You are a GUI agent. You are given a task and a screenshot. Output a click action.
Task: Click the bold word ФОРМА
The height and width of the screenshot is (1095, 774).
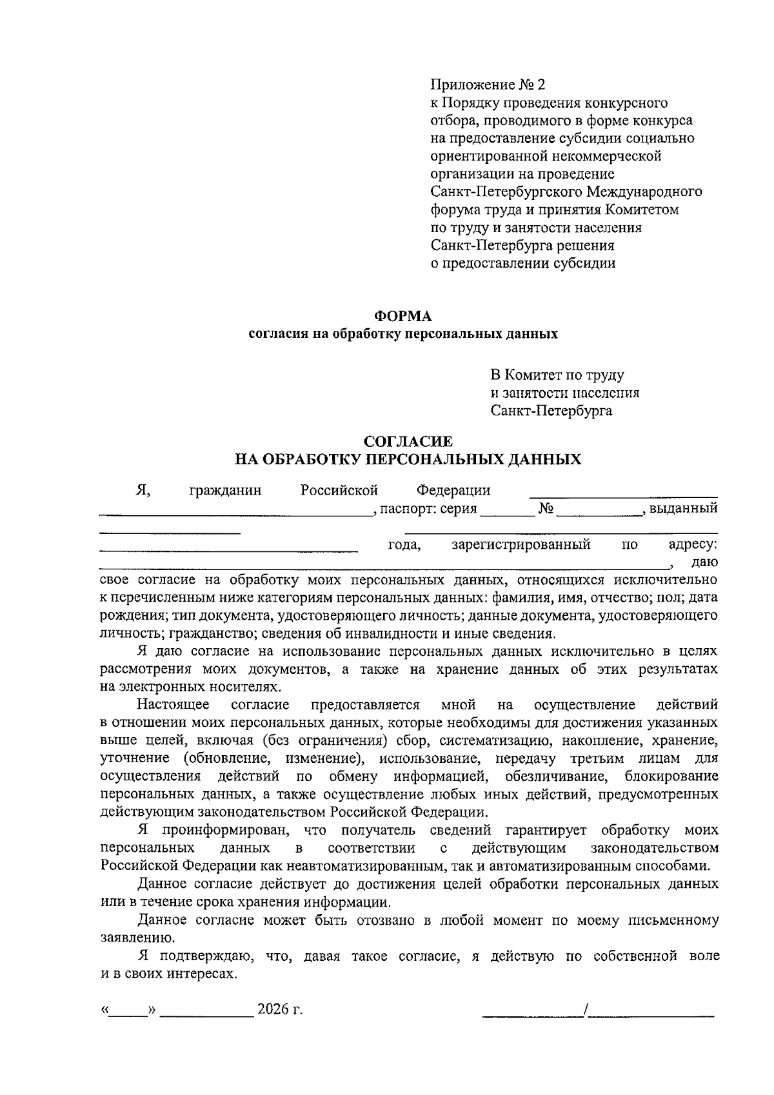point(403,316)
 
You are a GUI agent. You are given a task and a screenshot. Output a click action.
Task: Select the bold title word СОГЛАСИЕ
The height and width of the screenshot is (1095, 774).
point(408,442)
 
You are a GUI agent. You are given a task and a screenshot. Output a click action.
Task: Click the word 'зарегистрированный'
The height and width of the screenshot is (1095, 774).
point(521,545)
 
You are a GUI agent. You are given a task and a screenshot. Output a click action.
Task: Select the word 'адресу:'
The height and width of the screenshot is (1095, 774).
point(693,545)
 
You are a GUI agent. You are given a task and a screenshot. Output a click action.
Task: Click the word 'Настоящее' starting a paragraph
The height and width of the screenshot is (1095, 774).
point(173,705)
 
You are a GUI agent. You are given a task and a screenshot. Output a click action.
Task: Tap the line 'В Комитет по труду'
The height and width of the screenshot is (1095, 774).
point(557,375)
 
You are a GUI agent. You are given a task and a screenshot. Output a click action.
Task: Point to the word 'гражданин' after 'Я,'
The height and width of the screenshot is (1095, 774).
point(226,491)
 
